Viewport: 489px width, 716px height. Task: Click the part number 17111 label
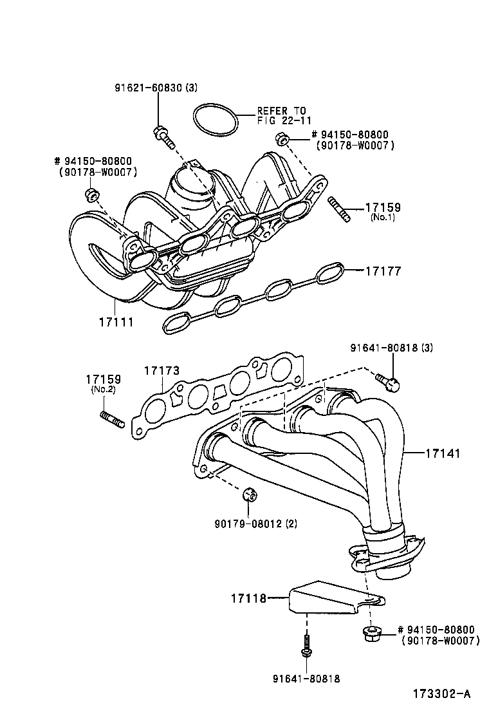(116, 321)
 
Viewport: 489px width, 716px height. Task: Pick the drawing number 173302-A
(441, 693)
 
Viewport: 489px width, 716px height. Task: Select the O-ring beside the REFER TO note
(215, 119)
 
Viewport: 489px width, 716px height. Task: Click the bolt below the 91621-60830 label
(164, 138)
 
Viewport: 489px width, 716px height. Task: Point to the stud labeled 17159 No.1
(340, 210)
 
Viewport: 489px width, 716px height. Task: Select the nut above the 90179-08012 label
(250, 495)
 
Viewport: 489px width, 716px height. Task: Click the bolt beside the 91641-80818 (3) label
(388, 382)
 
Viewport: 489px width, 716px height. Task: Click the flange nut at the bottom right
(371, 633)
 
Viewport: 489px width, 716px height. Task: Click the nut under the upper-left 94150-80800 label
(92, 194)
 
